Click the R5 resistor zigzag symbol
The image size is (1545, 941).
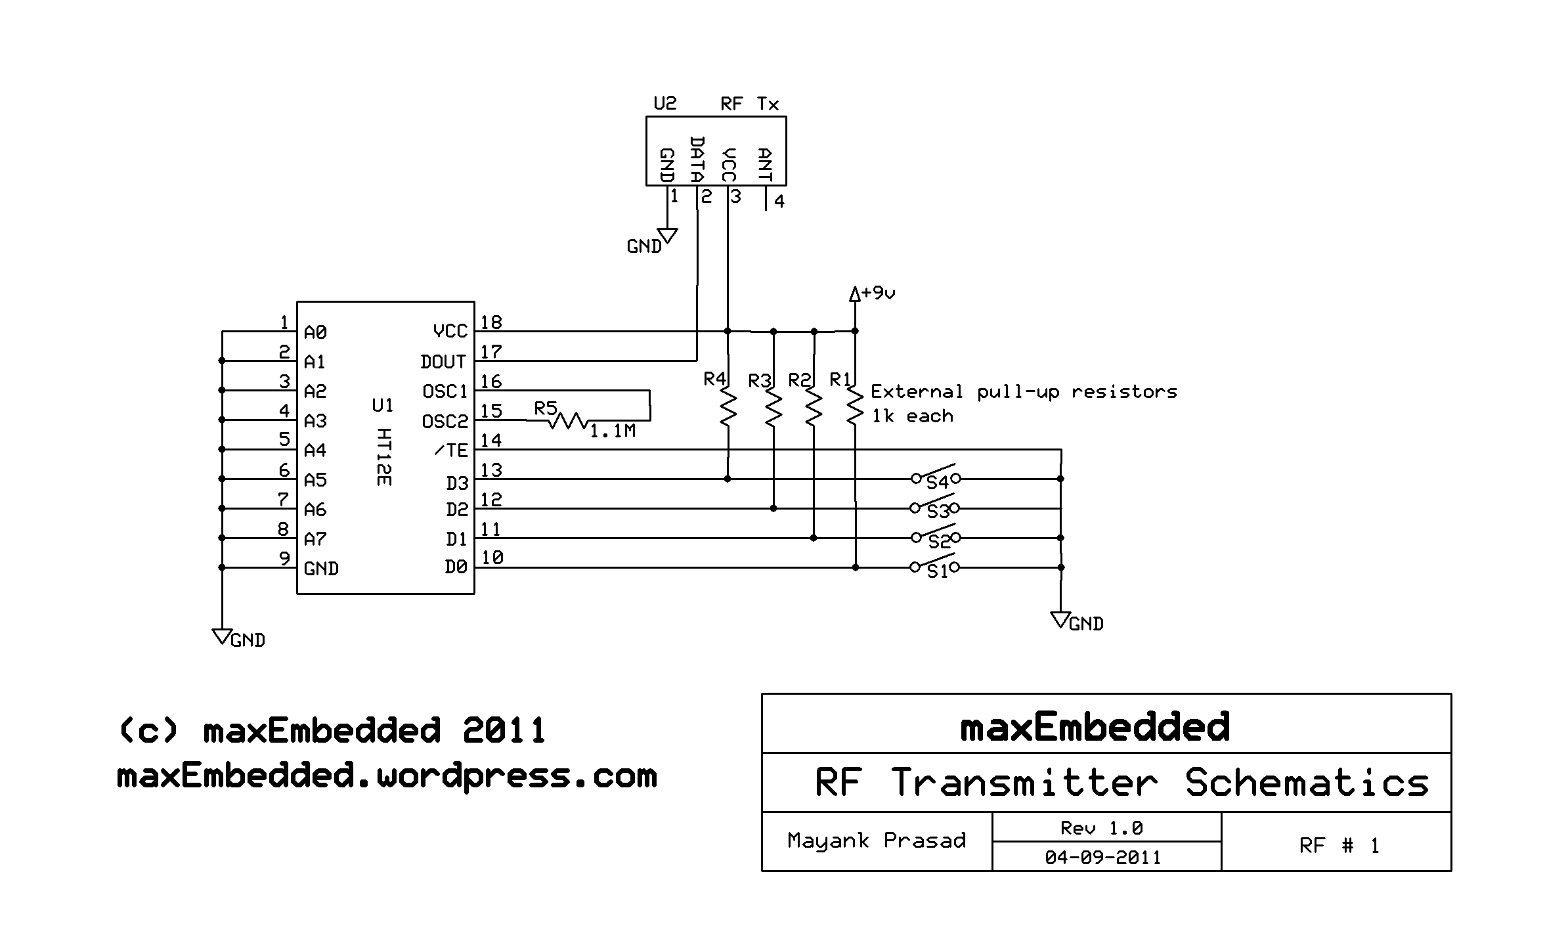(568, 420)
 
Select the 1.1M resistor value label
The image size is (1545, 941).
(612, 431)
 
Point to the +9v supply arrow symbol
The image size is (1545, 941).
(854, 294)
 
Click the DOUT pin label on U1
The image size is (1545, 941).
(443, 362)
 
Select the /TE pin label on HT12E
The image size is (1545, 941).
(451, 450)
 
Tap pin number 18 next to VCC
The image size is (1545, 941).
(491, 322)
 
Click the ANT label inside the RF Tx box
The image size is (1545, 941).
(764, 165)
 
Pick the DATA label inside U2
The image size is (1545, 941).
(697, 160)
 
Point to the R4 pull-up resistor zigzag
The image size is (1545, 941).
(728, 407)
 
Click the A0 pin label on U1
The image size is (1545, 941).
(315, 333)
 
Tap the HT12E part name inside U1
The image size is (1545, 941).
(384, 457)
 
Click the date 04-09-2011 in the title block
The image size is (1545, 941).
(1103, 858)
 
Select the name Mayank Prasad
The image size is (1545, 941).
(877, 841)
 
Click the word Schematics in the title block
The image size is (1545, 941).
(1307, 783)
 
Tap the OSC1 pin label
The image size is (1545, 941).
(445, 391)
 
